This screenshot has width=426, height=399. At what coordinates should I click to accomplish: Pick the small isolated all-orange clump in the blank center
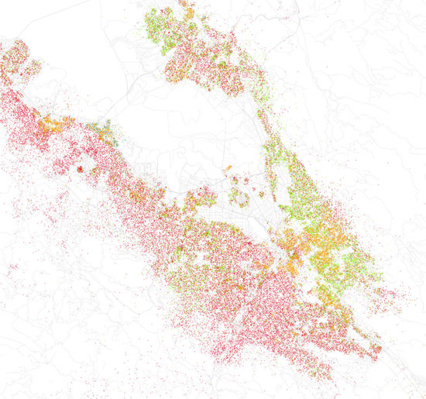coord(228,168)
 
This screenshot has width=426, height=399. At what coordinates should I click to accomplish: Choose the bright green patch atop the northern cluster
coord(159,23)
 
